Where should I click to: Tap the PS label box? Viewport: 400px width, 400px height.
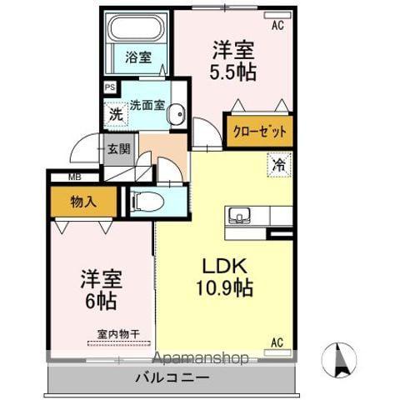[110, 87]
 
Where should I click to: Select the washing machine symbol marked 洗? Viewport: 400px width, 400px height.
[116, 114]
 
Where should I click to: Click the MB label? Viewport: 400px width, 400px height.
[75, 177]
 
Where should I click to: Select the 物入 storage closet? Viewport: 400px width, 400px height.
[83, 202]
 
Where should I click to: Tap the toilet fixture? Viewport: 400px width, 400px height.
[147, 202]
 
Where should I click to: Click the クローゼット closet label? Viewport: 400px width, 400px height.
[260, 131]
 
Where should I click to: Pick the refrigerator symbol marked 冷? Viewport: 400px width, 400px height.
[279, 165]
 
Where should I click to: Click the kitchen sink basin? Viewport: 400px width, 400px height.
[239, 216]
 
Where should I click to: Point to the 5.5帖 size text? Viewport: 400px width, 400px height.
[232, 72]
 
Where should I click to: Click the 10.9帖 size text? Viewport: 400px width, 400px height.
[224, 287]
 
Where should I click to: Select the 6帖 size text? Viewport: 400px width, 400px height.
[101, 302]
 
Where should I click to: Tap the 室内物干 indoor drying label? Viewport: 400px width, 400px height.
[118, 334]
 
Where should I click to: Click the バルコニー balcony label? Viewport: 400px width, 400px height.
[172, 377]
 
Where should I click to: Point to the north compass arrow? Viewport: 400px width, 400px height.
[339, 360]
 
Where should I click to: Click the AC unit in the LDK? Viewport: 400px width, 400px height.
[277, 352]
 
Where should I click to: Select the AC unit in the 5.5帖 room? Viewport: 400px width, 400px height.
[277, 16]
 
